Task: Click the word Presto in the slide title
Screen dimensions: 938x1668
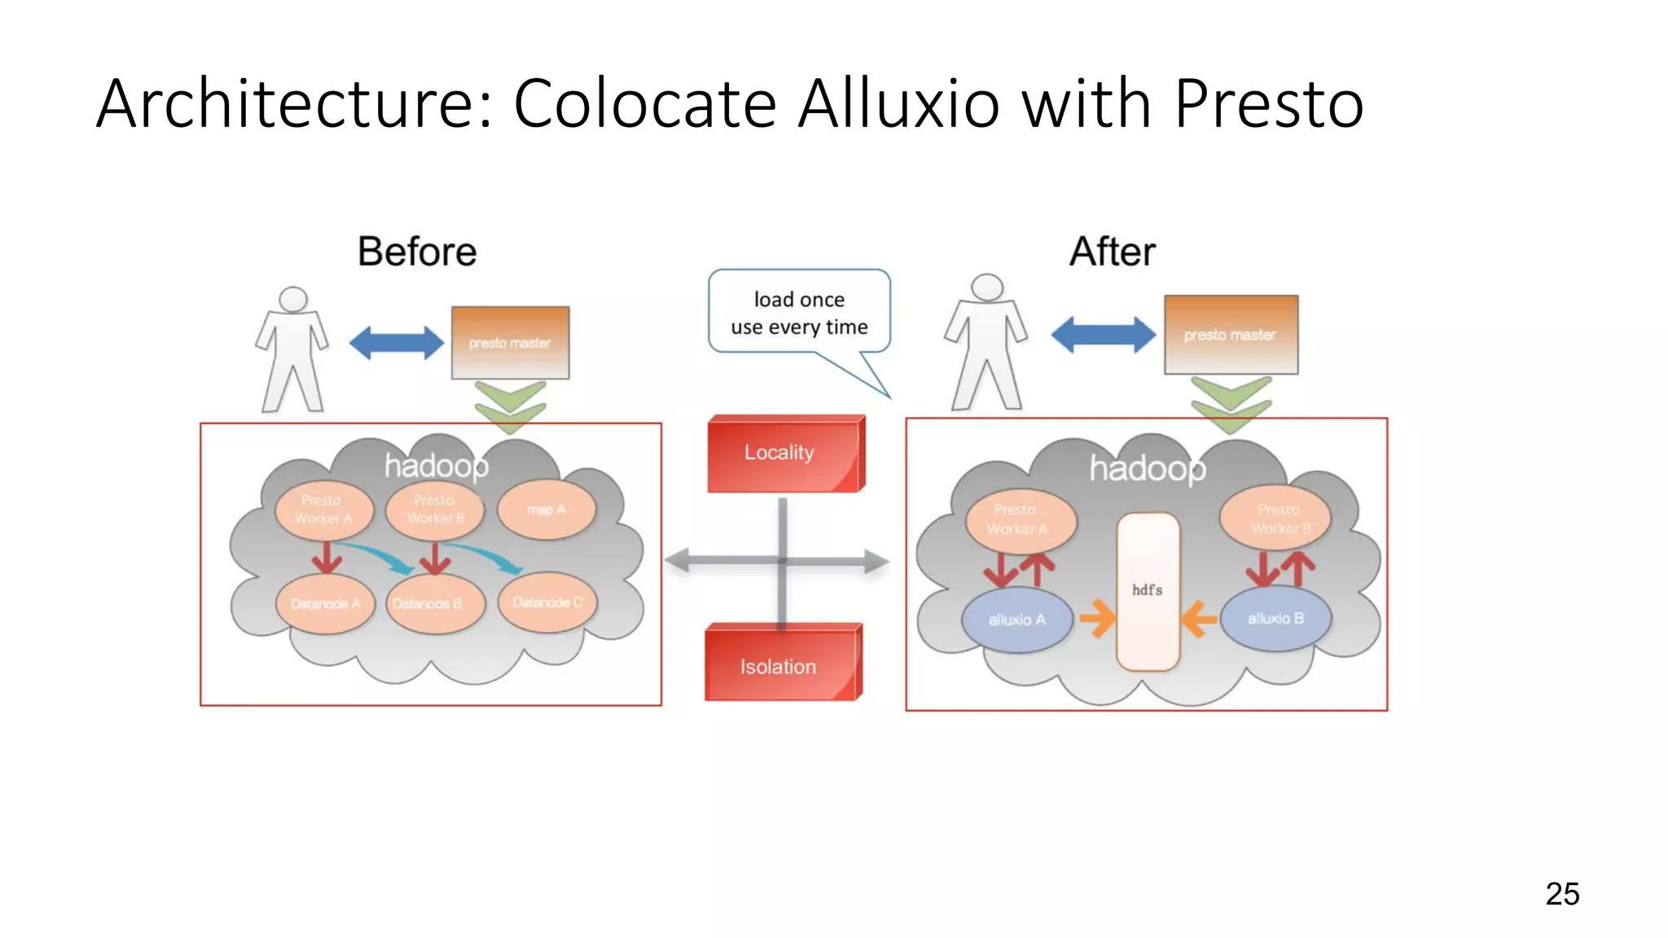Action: click(1268, 104)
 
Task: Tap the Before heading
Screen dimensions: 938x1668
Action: click(417, 252)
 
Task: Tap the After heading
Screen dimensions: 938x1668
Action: click(1112, 252)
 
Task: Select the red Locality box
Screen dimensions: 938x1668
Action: click(782, 454)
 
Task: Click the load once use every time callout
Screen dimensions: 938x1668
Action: click(799, 313)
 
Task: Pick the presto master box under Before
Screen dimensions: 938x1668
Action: click(510, 343)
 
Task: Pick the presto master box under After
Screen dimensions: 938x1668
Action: click(1230, 335)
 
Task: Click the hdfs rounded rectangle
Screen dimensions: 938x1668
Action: click(1148, 591)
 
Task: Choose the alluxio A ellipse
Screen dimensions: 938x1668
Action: click(1016, 620)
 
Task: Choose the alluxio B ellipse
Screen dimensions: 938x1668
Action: click(1275, 619)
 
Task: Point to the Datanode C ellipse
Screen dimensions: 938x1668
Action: click(547, 603)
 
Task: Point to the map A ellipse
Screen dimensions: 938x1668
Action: click(546, 510)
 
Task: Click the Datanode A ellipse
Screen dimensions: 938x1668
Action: click(325, 603)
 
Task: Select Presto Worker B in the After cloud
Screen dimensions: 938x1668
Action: click(1278, 519)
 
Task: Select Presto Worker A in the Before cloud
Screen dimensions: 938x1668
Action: click(323, 510)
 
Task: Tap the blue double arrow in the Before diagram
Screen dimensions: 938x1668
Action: click(396, 343)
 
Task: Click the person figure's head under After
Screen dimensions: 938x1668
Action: click(987, 287)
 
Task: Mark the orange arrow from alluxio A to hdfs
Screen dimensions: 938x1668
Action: click(1097, 619)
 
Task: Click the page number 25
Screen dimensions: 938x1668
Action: click(1561, 894)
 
